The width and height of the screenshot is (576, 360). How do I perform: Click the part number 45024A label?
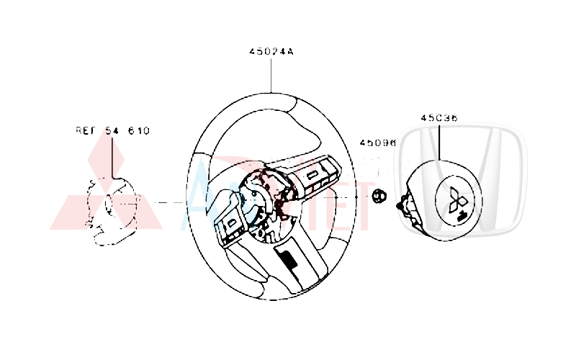(271, 53)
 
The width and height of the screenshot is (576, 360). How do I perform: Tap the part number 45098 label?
(378, 144)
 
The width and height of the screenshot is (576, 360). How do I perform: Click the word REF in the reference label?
(86, 131)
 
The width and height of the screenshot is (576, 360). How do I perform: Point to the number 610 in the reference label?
(138, 131)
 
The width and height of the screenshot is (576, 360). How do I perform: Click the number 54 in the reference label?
(113, 131)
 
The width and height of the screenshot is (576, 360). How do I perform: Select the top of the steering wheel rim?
(274, 96)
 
